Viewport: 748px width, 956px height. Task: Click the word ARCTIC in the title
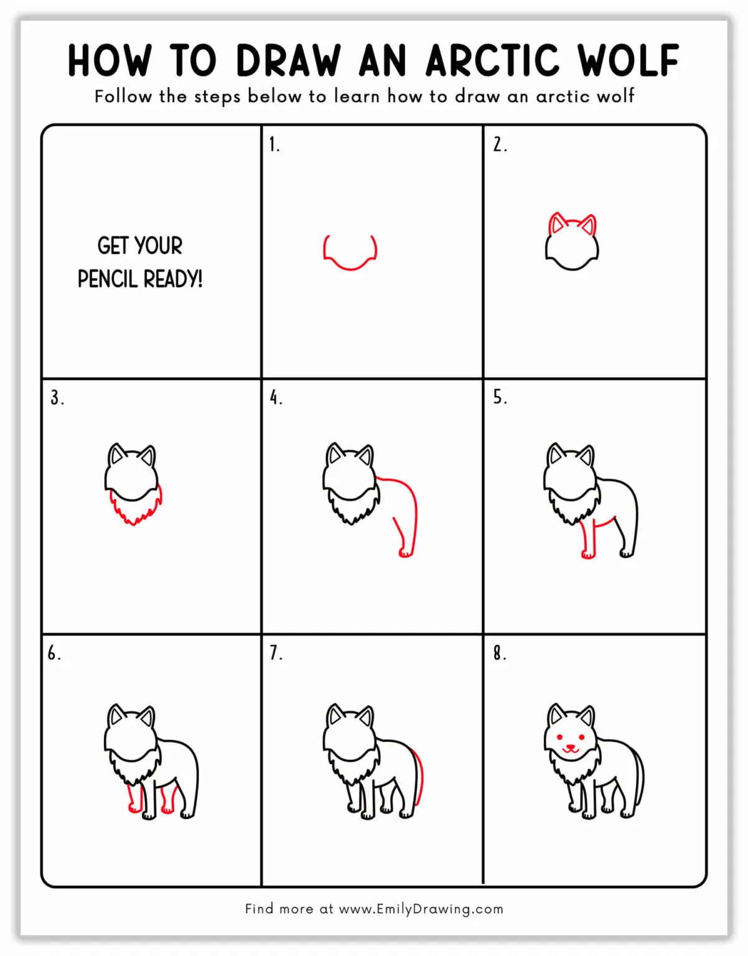[492, 61]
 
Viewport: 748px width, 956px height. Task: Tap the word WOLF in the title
[628, 61]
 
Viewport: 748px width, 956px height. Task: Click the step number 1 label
[274, 145]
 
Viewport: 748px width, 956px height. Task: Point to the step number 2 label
[500, 145]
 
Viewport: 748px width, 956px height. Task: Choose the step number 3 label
[57, 398]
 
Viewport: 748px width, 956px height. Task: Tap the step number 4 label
[276, 398]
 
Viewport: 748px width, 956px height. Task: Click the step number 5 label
[500, 397]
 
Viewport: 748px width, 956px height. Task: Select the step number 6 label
[54, 653]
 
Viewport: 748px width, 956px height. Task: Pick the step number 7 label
[276, 653]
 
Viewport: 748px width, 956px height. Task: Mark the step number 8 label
[500, 653]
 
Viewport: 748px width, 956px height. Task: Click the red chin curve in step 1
[350, 266]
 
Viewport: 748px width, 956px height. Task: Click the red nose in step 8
[570, 745]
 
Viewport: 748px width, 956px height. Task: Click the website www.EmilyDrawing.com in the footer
[421, 909]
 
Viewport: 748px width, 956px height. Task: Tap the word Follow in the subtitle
[123, 96]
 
